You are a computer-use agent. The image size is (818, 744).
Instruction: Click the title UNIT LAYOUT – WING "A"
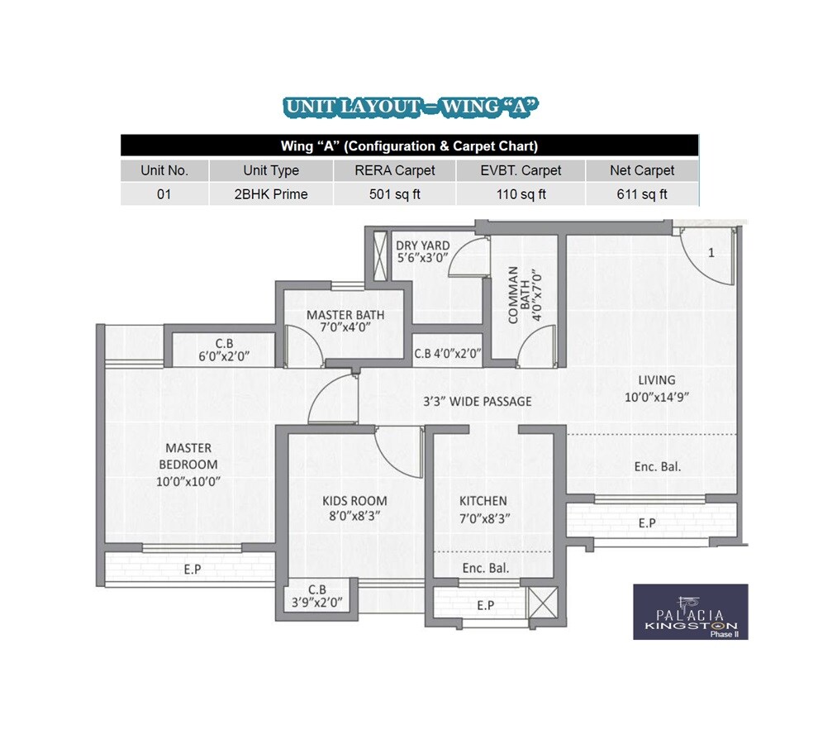pyautogui.click(x=411, y=107)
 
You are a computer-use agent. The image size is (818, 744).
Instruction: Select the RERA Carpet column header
pyautogui.click(x=394, y=170)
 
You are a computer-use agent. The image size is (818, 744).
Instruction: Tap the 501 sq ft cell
pyautogui.click(x=394, y=195)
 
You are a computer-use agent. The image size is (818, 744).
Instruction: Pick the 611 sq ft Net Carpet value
pyautogui.click(x=642, y=195)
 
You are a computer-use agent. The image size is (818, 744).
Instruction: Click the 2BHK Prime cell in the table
pyautogui.click(x=270, y=195)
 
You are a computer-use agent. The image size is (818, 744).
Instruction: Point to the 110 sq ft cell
pyautogui.click(x=521, y=195)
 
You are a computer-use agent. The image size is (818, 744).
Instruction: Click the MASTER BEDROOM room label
pyautogui.click(x=188, y=456)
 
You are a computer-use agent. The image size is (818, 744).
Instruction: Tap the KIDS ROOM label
pyautogui.click(x=354, y=501)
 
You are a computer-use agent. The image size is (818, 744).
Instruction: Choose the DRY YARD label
pyautogui.click(x=423, y=246)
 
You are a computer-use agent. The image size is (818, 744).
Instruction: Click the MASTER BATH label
pyautogui.click(x=345, y=315)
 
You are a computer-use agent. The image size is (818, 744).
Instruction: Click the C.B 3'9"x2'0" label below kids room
pyautogui.click(x=317, y=596)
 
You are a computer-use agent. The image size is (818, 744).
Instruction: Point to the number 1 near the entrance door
pyautogui.click(x=711, y=253)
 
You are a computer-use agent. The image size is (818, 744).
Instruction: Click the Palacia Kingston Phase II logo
pyautogui.click(x=690, y=612)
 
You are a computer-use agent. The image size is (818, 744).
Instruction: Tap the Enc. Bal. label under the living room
pyautogui.click(x=657, y=467)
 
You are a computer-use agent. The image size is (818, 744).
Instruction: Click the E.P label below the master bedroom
pyautogui.click(x=193, y=569)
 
